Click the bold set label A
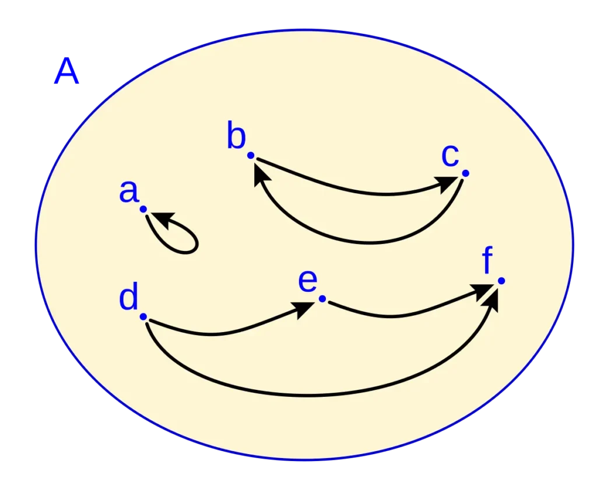pyautogui.click(x=66, y=74)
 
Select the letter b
pyautogui.click(x=236, y=138)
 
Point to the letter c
pyautogui.click(x=449, y=156)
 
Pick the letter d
pyautogui.click(x=128, y=299)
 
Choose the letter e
pyautogui.click(x=307, y=281)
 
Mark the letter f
pyautogui.click(x=489, y=261)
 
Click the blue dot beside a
pyautogui.click(x=143, y=208)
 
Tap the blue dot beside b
pyautogui.click(x=251, y=155)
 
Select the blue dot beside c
pyautogui.click(x=465, y=173)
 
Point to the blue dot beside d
pyautogui.click(x=143, y=316)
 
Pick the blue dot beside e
pyautogui.click(x=322, y=299)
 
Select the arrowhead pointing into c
pyautogui.click(x=449, y=184)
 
